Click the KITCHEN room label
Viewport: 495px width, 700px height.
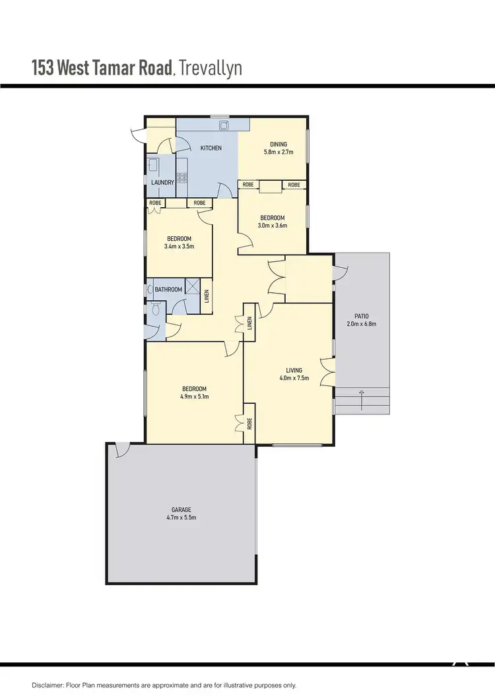pyautogui.click(x=211, y=148)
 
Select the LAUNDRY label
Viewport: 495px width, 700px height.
pyautogui.click(x=162, y=182)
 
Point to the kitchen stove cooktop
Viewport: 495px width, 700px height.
pyautogui.click(x=182, y=177)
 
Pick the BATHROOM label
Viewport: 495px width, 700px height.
pyautogui.click(x=168, y=289)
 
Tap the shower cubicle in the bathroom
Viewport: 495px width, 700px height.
pyautogui.click(x=193, y=286)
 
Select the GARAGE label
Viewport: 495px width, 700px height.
pyautogui.click(x=181, y=509)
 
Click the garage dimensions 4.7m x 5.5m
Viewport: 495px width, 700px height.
pyautogui.click(x=181, y=518)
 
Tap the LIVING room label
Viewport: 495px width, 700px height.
pyautogui.click(x=294, y=370)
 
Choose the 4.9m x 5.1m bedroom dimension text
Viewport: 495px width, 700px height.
pyautogui.click(x=194, y=397)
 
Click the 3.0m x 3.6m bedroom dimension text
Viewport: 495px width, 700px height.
pyautogui.click(x=272, y=226)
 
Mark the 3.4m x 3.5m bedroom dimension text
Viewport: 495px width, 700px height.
pyautogui.click(x=179, y=247)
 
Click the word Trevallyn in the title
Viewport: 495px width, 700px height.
pyautogui.click(x=211, y=68)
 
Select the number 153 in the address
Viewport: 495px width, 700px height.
pyautogui.click(x=42, y=68)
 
